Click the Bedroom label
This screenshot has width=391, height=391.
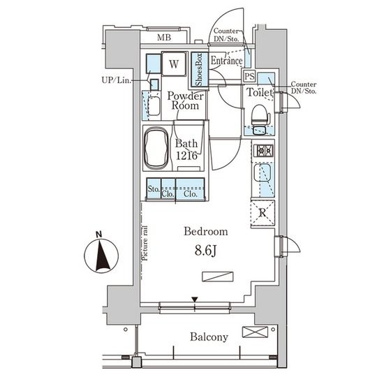206,232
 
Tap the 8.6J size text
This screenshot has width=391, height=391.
205,251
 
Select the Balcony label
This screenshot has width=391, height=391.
209,337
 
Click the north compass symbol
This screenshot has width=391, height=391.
101,256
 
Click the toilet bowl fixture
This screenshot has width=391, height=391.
260,117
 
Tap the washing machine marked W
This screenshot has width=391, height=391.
174,64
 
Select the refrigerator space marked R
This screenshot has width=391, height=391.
263,213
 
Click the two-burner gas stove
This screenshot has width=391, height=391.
263,150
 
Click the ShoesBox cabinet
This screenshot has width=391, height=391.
200,70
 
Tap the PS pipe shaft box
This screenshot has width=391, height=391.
249,76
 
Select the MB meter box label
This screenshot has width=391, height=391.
164,38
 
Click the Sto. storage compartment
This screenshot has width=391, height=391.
154,189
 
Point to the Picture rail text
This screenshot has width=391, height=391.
145,243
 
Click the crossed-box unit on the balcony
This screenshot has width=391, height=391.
255,332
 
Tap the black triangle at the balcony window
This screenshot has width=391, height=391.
195,299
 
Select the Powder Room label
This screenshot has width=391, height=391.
185,101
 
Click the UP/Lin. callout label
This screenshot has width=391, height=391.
116,80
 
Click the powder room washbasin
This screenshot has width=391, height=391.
154,106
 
